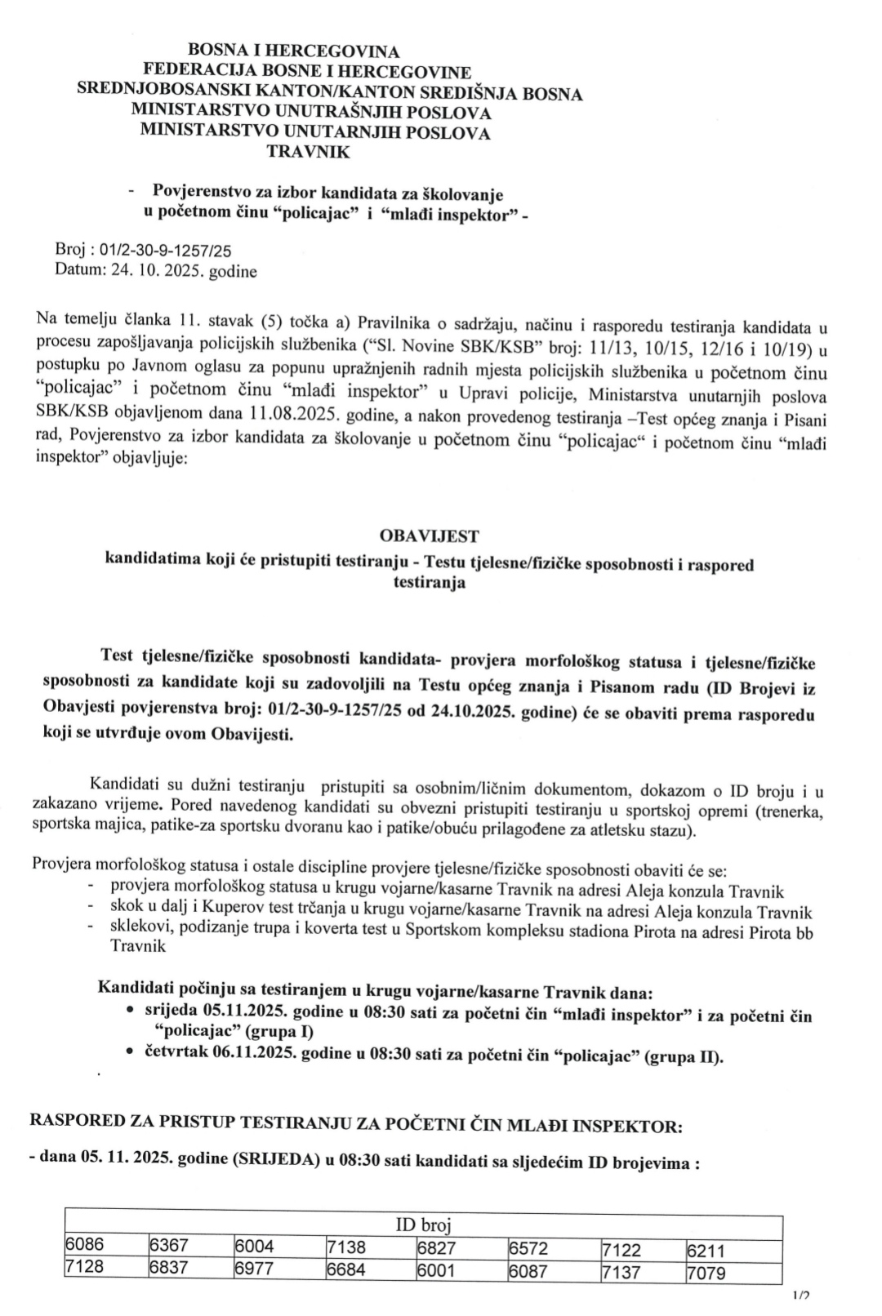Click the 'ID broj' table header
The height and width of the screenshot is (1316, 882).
click(x=423, y=1225)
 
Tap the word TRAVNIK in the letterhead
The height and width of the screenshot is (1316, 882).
click(x=308, y=151)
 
